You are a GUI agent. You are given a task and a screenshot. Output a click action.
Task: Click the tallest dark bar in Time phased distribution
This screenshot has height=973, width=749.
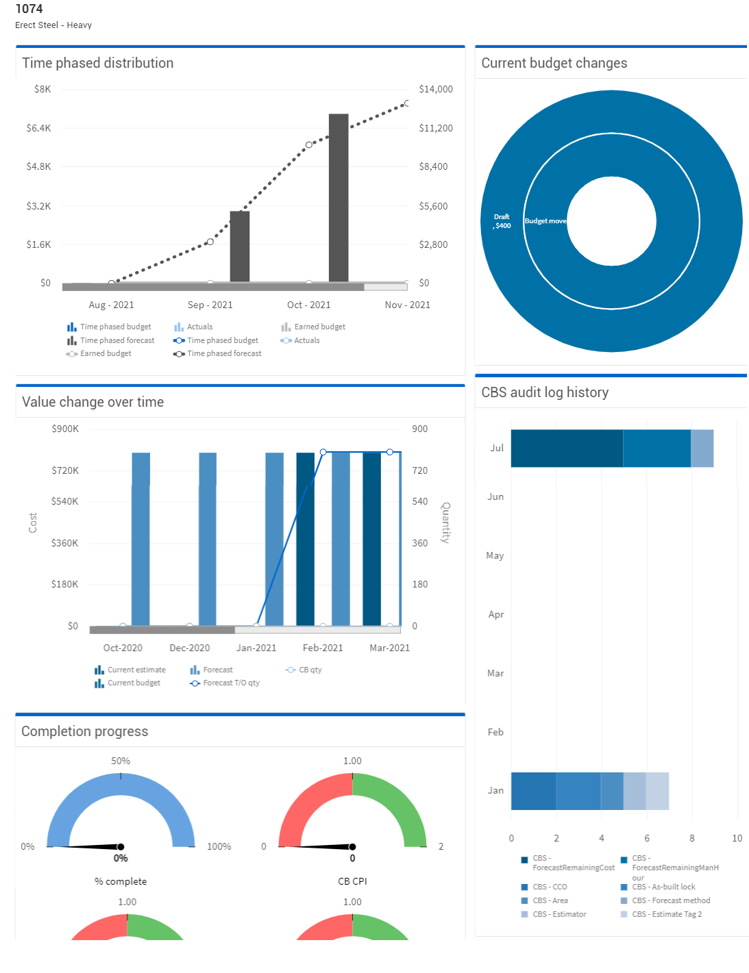[339, 199]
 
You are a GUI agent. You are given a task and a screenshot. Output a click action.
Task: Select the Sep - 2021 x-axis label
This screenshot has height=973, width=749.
[210, 305]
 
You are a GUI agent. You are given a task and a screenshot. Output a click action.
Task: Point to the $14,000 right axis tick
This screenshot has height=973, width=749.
[436, 89]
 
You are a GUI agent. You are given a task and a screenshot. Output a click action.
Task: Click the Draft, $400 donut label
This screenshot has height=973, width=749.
[502, 221]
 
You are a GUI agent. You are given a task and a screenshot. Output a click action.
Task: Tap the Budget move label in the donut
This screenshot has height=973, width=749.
[545, 221]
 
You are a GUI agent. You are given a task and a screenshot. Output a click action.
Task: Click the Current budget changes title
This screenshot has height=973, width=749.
[554, 63]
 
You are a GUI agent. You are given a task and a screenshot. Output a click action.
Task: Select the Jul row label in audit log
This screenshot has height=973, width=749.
[497, 448]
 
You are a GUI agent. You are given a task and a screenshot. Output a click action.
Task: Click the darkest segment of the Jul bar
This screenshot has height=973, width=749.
[567, 448]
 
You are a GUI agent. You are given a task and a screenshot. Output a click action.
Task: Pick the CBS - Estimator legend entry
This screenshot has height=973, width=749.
[559, 914]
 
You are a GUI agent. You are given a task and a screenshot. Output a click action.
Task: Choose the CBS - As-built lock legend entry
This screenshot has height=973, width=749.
[663, 887]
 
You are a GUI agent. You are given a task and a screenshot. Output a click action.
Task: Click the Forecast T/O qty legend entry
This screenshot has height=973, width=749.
[231, 683]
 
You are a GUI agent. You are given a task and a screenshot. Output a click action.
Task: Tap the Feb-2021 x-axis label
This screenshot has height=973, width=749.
[323, 648]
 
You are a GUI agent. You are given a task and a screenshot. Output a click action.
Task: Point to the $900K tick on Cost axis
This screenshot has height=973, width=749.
[65, 429]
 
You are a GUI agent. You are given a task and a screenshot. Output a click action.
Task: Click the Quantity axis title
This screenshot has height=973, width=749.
[445, 523]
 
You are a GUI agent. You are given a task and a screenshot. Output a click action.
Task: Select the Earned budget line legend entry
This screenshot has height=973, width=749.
[106, 353]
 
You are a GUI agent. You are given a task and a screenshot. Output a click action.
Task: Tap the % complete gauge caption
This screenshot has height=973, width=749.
[121, 881]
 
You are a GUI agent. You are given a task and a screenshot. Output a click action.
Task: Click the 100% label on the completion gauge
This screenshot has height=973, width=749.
[219, 846]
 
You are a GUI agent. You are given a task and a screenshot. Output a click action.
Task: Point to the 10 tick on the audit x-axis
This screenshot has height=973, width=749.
[737, 838]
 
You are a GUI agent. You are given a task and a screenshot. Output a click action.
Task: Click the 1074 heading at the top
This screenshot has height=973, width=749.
[29, 9]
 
